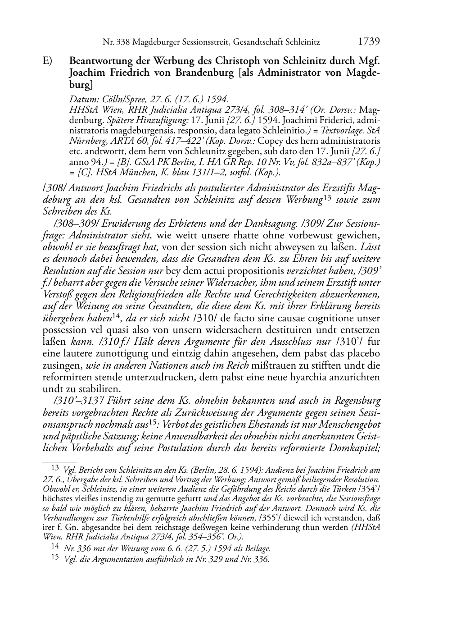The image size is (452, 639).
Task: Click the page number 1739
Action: tap(369, 42)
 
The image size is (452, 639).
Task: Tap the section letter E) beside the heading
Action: tap(48, 61)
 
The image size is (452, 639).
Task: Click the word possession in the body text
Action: tap(61, 330)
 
